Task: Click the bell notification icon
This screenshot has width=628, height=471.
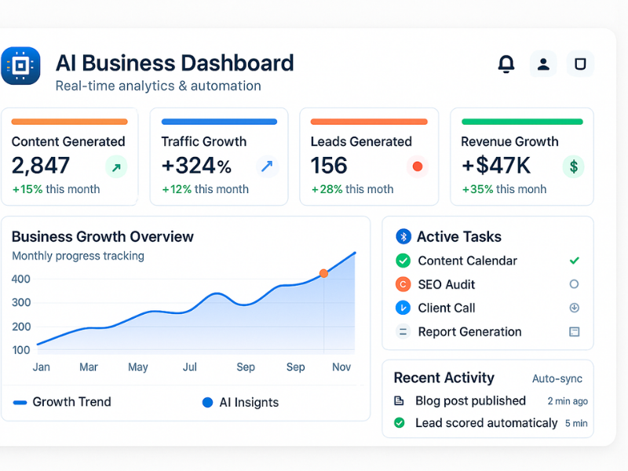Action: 506,64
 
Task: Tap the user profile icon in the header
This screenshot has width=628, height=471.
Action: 543,64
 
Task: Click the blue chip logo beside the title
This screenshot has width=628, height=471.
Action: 20,65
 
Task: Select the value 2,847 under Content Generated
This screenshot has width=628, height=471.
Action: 41,166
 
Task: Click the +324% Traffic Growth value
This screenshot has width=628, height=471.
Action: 196,166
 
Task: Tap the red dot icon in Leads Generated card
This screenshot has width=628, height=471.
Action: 417,166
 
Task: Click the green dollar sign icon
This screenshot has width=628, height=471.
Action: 574,166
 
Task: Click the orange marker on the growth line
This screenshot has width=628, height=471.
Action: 323,273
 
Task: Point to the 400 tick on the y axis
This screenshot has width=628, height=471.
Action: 21,279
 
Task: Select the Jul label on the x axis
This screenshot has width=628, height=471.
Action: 190,367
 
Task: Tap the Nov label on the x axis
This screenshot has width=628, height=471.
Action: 341,367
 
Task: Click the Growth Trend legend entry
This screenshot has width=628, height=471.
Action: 63,402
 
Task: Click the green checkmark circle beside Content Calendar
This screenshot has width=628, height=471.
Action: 403,261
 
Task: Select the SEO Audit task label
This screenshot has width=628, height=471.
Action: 446,284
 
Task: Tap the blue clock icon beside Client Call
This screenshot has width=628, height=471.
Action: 403,308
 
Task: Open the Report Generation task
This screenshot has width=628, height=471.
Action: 469,331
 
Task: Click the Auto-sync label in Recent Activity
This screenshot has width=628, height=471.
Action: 557,378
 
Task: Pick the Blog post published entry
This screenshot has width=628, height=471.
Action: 470,400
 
